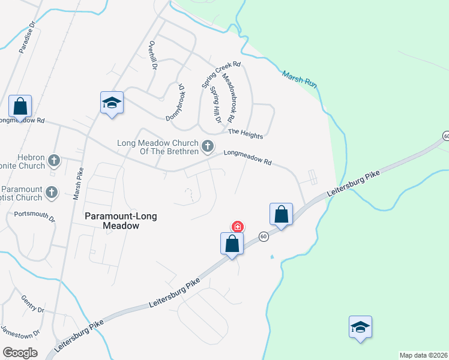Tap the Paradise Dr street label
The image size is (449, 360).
pos(26,40)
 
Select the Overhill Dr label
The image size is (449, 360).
pos(153,56)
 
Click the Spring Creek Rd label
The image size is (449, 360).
pos(221,74)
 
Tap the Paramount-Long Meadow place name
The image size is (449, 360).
pos(113,221)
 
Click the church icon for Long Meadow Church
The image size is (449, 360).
pos(208,146)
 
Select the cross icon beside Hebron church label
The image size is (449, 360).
pos(54,160)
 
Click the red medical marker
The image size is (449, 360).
pos(238,227)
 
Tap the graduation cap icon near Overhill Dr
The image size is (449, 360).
pos(112,103)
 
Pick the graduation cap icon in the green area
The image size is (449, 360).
pos(360,328)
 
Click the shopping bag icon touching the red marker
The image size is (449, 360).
pos(232,244)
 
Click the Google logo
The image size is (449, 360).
pos(20,352)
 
